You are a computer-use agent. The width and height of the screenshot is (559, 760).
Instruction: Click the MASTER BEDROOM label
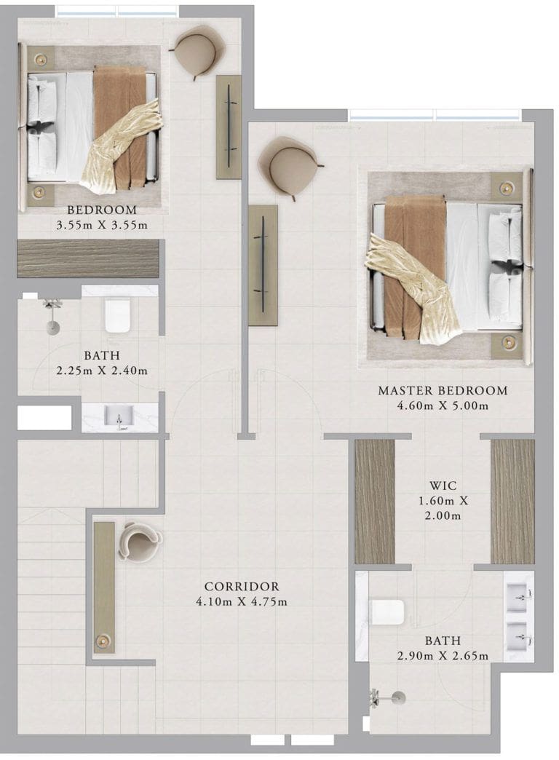click(x=443, y=390)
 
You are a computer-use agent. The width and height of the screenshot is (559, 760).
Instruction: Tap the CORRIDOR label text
click(x=242, y=587)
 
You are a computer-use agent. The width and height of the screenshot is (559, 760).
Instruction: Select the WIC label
click(x=443, y=485)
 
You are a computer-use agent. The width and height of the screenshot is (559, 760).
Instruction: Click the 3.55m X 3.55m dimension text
click(x=102, y=225)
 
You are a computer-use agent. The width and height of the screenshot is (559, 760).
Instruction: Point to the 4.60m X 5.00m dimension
click(x=443, y=405)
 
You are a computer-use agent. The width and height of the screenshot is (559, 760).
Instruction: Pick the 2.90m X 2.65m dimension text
click(x=443, y=656)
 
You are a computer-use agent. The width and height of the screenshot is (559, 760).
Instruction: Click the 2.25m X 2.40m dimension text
click(x=102, y=371)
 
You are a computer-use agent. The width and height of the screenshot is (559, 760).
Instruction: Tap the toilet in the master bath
click(x=387, y=612)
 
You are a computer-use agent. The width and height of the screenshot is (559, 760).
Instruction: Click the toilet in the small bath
click(x=117, y=315)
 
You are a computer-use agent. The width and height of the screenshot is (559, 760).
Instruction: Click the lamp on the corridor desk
click(x=103, y=641)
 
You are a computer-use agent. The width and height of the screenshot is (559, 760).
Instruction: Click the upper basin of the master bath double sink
click(x=518, y=598)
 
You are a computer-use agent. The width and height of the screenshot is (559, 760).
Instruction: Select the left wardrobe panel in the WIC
click(x=375, y=502)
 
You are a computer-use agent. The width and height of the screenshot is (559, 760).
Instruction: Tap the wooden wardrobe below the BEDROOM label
click(x=88, y=258)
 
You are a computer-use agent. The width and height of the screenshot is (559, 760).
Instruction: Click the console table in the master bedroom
click(x=263, y=265)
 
